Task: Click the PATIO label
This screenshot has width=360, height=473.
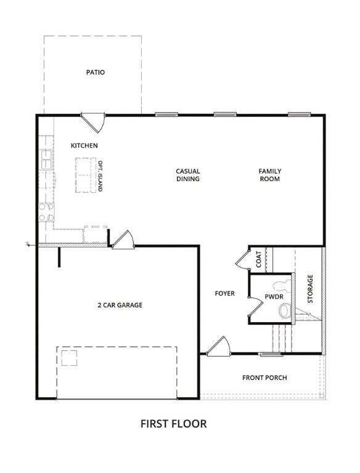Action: (96, 73)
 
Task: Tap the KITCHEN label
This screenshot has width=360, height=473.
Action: (84, 146)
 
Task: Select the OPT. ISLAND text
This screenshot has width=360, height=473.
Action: (100, 176)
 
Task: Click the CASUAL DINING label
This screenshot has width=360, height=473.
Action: (188, 175)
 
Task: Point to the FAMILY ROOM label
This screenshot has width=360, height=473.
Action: (270, 175)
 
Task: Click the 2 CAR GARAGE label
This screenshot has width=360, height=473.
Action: (120, 305)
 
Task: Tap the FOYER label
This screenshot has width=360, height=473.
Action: (225, 293)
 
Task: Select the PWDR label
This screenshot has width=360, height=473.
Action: (274, 296)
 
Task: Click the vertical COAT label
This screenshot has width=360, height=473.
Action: (259, 259)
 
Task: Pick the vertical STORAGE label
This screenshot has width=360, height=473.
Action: (310, 289)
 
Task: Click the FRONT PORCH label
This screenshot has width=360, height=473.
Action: (264, 378)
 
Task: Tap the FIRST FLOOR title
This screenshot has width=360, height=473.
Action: (174, 424)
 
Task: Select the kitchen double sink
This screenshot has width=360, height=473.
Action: (46, 160)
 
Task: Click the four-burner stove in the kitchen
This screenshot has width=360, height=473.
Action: (46, 212)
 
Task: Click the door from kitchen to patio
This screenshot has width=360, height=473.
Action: (93, 122)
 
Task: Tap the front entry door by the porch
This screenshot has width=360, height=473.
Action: (218, 346)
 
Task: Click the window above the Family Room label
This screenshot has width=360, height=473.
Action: (300, 115)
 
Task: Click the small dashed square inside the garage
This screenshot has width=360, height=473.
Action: (69, 358)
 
